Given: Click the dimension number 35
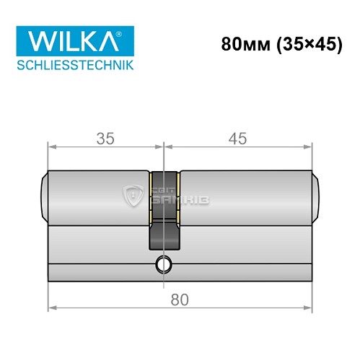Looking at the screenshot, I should pos(106,136).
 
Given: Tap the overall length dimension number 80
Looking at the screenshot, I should pos(181,298).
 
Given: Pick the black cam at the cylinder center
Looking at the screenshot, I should pos(165,217).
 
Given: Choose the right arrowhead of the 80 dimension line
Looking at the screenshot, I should pos(312,309).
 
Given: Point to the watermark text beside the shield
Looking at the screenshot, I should pos(170,194).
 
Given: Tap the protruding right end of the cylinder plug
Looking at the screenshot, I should pos(318,196).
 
